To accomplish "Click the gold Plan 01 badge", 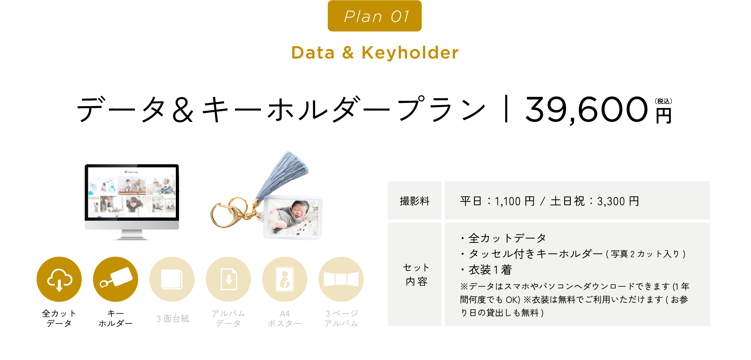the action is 375,16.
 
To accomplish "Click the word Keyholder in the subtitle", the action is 410,53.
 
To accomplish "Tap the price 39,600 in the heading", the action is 586,110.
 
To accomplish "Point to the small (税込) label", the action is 663,101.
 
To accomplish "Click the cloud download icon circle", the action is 59,279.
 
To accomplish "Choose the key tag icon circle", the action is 115,279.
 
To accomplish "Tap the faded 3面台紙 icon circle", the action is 172,279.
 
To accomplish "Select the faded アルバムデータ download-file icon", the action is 228,279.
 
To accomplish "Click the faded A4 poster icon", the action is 284,279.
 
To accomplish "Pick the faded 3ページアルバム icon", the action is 341,279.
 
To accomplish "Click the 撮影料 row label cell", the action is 415,201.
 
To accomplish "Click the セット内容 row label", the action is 416,275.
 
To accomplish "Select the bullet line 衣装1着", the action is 487,270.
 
